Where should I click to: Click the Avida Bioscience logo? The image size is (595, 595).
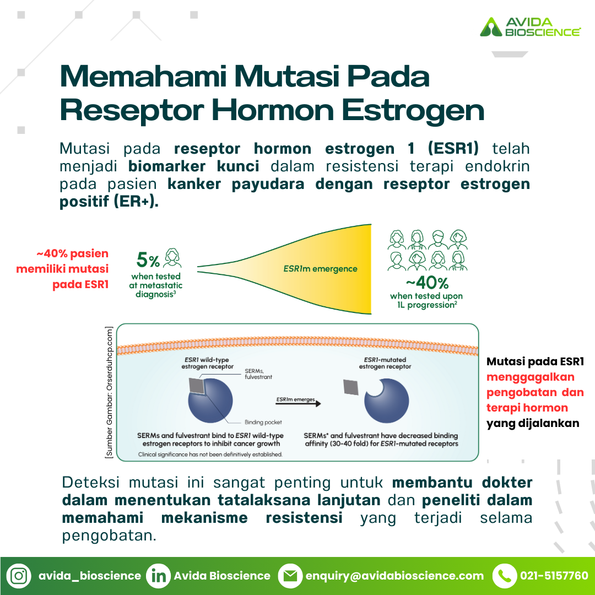tap(530, 27)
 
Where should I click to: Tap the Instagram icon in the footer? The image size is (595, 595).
tap(19, 576)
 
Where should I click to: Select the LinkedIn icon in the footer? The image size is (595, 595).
tap(158, 576)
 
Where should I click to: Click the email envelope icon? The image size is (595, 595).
tap(290, 576)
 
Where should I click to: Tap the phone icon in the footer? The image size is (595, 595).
tap(505, 576)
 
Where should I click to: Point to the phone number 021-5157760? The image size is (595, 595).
tap(554, 576)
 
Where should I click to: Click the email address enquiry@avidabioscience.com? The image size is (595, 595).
tap(394, 576)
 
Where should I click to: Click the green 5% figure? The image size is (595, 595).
tap(148, 260)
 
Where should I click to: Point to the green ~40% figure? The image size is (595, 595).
tap(428, 283)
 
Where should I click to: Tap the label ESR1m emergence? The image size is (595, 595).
tap(320, 269)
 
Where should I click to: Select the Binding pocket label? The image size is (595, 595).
tap(263, 422)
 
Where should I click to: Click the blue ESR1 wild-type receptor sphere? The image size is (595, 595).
tap(210, 401)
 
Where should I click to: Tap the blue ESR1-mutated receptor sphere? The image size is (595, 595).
tap(387, 401)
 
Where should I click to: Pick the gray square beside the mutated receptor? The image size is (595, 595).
tap(351, 387)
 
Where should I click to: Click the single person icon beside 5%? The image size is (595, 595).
tap(172, 258)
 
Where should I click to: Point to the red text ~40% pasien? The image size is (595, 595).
tap(73, 253)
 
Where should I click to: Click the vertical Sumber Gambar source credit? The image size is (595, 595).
tap(109, 392)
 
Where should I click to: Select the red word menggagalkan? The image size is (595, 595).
tap(531, 377)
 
